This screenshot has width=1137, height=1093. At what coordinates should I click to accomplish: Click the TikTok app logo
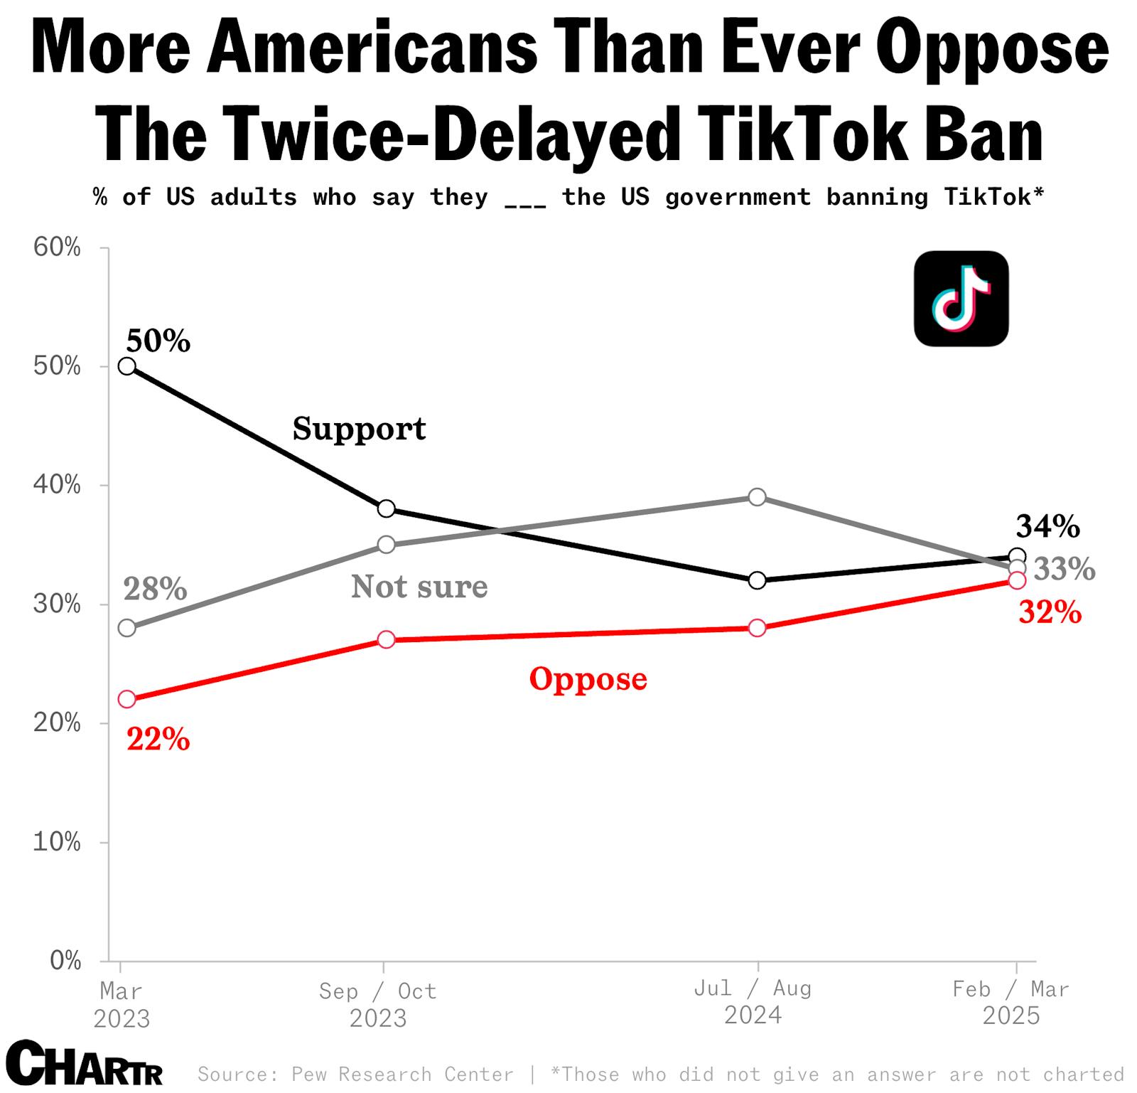click(x=961, y=299)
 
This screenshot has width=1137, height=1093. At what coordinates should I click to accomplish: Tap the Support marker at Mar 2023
click(x=127, y=366)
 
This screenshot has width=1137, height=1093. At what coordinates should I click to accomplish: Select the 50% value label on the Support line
click(x=158, y=341)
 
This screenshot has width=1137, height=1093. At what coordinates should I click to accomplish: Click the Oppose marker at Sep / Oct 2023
click(x=386, y=639)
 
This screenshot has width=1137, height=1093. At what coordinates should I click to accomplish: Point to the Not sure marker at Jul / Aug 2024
click(x=758, y=496)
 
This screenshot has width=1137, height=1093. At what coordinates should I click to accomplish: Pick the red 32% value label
click(x=1050, y=612)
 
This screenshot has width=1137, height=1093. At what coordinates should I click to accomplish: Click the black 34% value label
click(x=1047, y=526)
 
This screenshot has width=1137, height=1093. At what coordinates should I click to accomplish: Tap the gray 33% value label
click(x=1064, y=569)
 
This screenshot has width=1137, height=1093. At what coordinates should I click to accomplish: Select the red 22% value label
click(x=158, y=740)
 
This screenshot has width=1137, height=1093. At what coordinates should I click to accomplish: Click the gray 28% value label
click(x=155, y=589)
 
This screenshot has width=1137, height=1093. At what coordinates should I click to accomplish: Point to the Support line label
click(x=359, y=429)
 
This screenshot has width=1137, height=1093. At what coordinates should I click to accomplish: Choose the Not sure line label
click(x=419, y=587)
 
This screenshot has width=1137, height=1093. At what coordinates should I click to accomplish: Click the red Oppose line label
click(x=588, y=678)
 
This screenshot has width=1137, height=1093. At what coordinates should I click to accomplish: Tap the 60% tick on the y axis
click(x=57, y=247)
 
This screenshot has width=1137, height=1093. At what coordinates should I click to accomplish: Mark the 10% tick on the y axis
click(x=57, y=842)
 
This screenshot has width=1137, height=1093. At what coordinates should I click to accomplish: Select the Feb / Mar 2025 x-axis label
click(x=1011, y=1002)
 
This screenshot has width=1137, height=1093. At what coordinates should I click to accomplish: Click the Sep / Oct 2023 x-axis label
click(x=377, y=1003)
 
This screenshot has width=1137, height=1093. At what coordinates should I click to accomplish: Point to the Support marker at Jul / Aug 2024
click(x=758, y=580)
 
